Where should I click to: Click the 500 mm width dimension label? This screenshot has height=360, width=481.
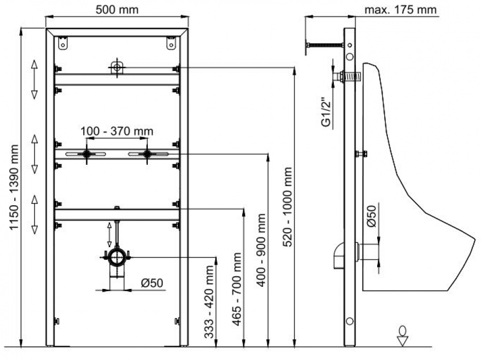point(117,10)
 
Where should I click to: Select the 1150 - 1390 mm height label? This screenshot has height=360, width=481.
point(12,188)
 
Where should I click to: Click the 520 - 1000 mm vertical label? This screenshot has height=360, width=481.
point(287,207)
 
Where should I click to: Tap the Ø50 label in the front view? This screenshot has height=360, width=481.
point(152,283)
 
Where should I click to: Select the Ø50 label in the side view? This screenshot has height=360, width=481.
point(372,216)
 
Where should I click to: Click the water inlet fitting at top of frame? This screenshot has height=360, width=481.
point(117,68)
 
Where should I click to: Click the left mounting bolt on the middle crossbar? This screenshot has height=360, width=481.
point(86,154)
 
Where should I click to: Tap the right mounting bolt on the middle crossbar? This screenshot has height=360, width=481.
point(147,154)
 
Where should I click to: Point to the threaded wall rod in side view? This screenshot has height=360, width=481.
point(324,47)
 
